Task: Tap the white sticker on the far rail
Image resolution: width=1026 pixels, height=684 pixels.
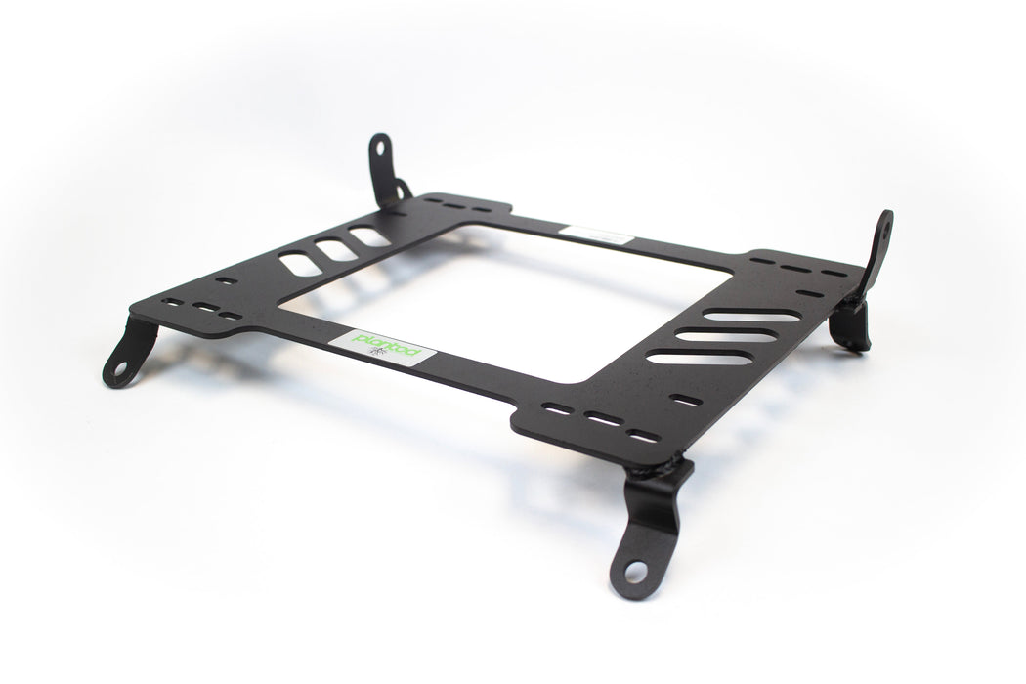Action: [595, 235]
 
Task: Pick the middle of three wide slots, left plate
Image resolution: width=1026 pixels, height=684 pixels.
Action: [335, 250]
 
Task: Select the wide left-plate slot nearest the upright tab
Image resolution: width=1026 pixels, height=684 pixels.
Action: [369, 236]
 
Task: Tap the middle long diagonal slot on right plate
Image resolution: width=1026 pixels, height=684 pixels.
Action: [726, 336]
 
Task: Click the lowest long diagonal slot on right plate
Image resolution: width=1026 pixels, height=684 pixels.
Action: [700, 358]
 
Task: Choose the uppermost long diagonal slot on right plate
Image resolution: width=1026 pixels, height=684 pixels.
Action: [750, 316]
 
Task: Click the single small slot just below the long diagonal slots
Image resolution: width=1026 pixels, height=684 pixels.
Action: [686, 400]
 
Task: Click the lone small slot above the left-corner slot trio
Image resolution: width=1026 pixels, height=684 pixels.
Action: [226, 281]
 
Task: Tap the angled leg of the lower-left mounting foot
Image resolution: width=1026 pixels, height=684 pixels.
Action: [137, 341]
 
